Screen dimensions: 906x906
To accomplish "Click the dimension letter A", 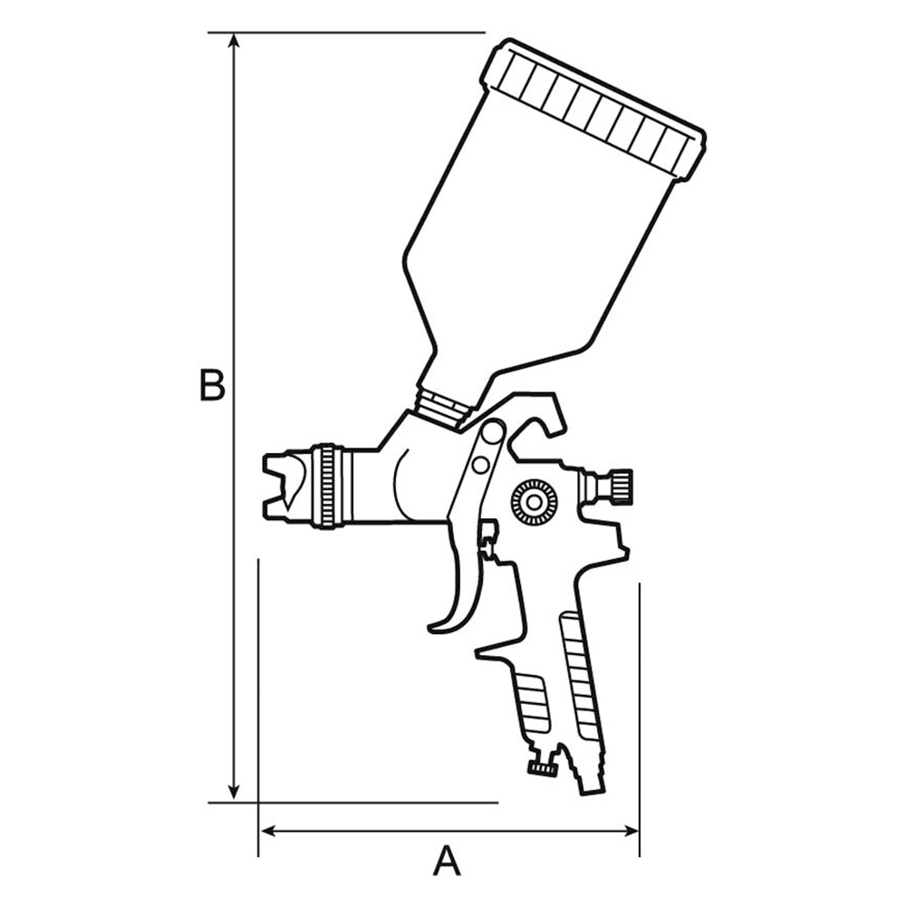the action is click(448, 861).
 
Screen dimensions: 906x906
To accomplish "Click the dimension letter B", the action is click(212, 384).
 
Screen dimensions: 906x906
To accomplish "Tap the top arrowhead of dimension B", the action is click(234, 41).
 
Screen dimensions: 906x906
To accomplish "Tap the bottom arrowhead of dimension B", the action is click(234, 794).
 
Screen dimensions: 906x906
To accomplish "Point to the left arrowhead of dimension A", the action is click(269, 832).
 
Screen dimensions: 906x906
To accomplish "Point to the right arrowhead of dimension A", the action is click(631, 832).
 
